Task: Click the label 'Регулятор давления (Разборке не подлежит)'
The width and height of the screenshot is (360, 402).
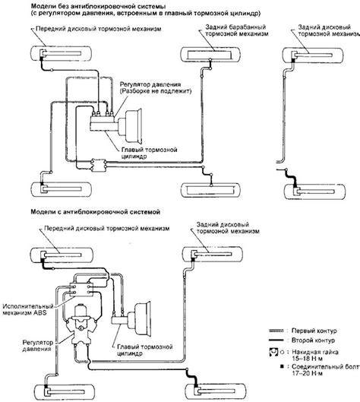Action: [156, 87]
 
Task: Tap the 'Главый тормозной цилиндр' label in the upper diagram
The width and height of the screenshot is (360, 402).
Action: [149, 153]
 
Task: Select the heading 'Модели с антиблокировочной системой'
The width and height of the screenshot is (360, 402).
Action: [96, 212]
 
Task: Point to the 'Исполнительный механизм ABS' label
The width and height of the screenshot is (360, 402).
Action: [28, 309]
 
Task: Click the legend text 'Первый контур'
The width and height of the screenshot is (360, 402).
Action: [314, 331]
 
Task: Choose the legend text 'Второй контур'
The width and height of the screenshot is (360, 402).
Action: [313, 340]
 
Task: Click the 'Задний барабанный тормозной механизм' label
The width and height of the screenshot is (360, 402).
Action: [236, 30]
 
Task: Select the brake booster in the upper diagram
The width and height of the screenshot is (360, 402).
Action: [131, 125]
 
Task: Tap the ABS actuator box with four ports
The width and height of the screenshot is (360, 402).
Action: [81, 290]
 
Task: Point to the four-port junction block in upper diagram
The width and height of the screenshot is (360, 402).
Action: [99, 165]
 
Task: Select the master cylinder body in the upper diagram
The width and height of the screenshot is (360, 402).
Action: [104, 123]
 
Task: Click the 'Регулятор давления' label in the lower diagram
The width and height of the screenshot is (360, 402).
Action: [38, 346]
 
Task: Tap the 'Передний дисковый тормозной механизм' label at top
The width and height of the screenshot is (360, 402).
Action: [99, 28]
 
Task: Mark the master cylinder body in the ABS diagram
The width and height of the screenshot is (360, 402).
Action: [120, 321]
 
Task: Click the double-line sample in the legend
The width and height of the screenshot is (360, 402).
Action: [276, 331]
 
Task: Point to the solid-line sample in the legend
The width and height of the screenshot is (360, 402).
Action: [276, 340]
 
